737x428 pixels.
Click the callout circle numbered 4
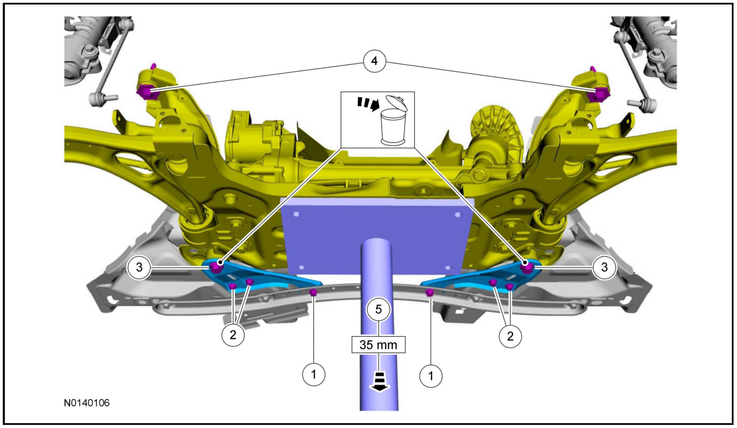click(x=374, y=61)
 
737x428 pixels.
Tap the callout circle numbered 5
click(x=379, y=309)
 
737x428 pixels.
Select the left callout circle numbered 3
click(x=139, y=267)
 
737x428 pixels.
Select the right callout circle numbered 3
click(x=604, y=267)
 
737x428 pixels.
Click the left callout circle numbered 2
click(x=233, y=335)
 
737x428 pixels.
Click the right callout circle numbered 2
click(x=510, y=336)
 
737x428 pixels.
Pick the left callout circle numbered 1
click(x=314, y=374)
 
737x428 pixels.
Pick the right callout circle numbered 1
click(x=431, y=376)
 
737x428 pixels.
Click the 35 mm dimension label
click(x=378, y=345)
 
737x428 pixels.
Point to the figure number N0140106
click(x=87, y=403)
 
